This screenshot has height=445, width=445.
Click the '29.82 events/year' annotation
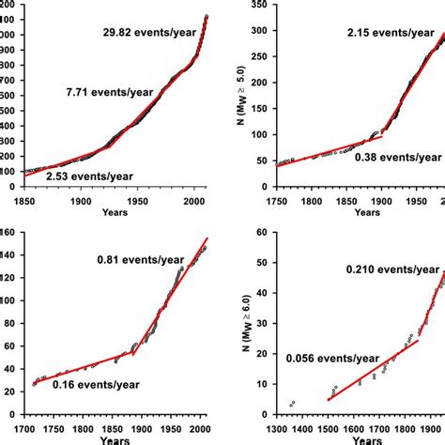pyautogui.click(x=149, y=33)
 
